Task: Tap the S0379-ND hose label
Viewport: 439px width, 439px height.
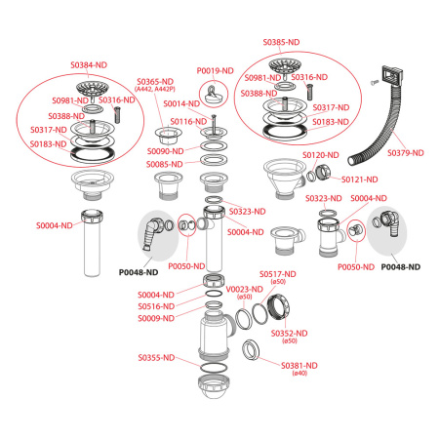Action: (405, 153)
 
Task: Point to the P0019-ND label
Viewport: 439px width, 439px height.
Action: (215, 70)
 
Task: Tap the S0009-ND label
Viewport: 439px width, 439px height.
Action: (155, 319)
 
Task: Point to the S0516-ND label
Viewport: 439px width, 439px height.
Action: (155, 306)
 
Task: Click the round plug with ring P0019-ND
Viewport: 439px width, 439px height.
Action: (211, 97)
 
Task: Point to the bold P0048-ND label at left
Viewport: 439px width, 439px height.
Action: (139, 273)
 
